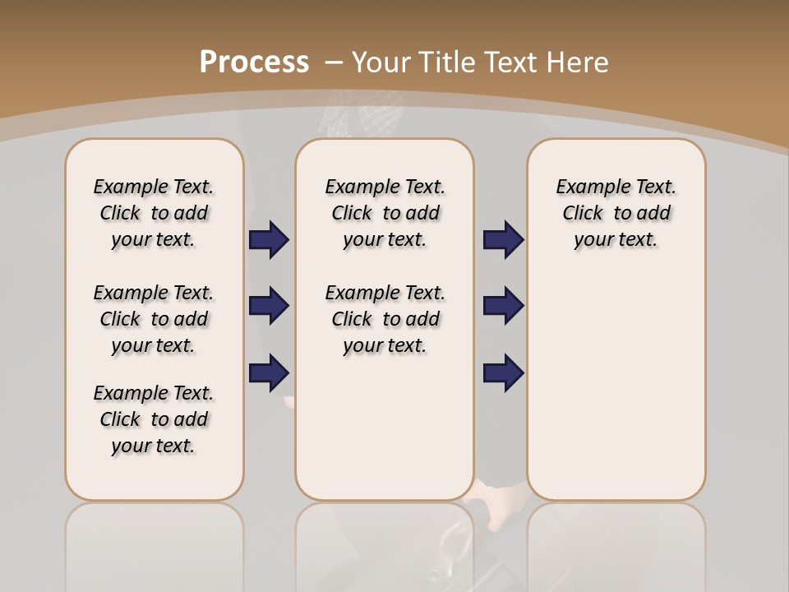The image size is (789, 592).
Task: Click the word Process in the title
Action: pyautogui.click(x=254, y=62)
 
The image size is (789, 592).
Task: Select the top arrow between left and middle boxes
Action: pyautogui.click(x=269, y=240)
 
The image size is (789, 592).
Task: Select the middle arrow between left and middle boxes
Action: pyautogui.click(x=269, y=307)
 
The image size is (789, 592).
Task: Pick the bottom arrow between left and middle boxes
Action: pyautogui.click(x=269, y=373)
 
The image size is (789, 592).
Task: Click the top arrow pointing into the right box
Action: pyautogui.click(x=503, y=240)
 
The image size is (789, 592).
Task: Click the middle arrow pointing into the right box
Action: pyautogui.click(x=503, y=307)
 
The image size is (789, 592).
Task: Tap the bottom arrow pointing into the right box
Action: pyautogui.click(x=503, y=373)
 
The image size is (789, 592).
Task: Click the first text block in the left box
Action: pyautogui.click(x=154, y=213)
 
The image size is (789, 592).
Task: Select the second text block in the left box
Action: pyautogui.click(x=154, y=319)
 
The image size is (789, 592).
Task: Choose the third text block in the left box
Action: pyautogui.click(x=154, y=419)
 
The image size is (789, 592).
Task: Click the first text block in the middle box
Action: pyautogui.click(x=385, y=213)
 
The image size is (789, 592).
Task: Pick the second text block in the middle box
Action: pyautogui.click(x=385, y=319)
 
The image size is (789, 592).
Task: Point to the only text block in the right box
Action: pyautogui.click(x=616, y=213)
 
